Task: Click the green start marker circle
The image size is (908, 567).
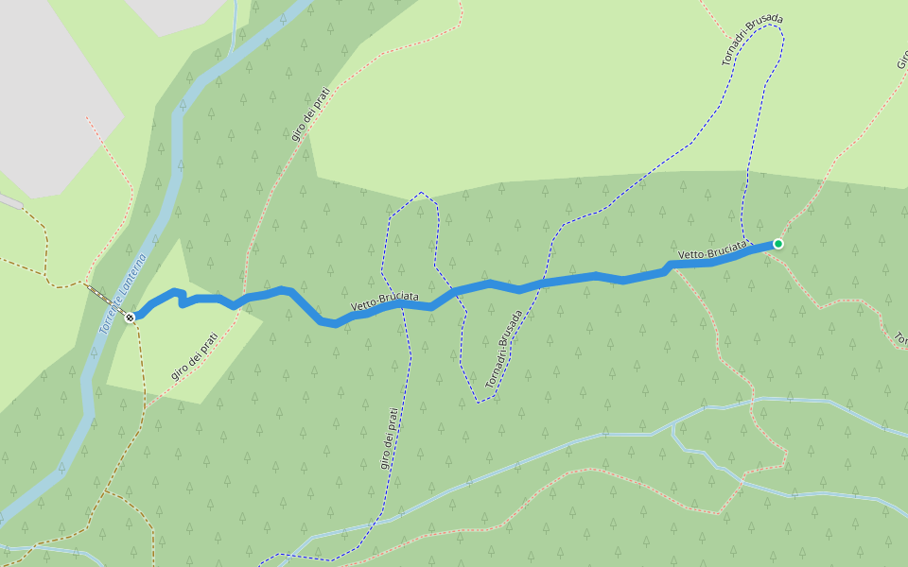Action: (x=777, y=244)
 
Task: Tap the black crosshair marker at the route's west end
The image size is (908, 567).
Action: (x=130, y=317)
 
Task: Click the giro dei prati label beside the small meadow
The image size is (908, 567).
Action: (x=195, y=355)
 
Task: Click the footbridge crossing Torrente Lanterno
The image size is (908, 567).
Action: (x=102, y=296)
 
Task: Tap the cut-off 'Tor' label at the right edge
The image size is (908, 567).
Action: (x=900, y=338)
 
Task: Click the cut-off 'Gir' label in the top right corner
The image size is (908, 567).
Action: (x=900, y=60)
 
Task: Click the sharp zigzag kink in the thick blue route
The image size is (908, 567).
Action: (x=181, y=298)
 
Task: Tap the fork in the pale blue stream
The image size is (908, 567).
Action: (x=672, y=427)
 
